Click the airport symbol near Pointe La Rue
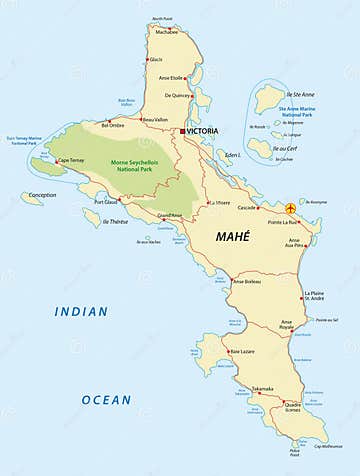291,208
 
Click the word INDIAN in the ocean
82,311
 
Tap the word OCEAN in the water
106,399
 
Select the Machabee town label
166,31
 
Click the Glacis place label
156,59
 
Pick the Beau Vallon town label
155,119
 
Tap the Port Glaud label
106,201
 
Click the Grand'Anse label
170,215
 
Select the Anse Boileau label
246,281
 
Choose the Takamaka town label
262,387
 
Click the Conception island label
42,195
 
